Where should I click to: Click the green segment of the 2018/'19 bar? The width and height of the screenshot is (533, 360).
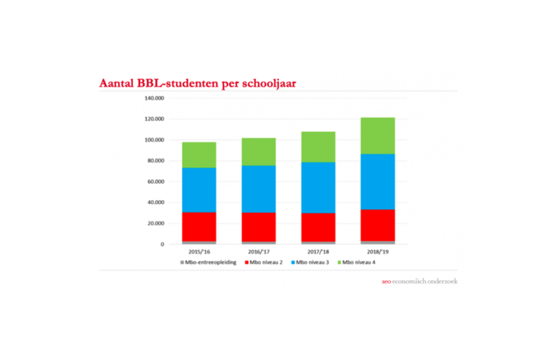[377, 136]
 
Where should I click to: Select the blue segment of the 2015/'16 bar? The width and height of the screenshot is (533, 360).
[199, 190]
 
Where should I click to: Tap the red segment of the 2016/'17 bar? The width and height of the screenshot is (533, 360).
[258, 227]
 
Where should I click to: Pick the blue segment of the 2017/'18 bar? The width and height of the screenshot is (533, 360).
[318, 188]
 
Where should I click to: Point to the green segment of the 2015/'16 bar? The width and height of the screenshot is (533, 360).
[199, 155]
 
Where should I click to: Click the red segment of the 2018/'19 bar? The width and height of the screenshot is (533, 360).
[377, 225]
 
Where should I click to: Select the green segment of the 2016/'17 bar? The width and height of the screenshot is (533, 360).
[258, 152]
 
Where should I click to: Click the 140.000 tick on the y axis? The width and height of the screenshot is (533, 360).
[154, 98]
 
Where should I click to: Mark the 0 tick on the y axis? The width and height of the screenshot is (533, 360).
[162, 244]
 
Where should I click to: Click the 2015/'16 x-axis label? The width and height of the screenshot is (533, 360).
[199, 252]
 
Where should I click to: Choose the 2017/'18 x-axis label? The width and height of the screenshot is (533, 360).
[318, 252]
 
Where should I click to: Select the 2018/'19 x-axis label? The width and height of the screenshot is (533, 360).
[377, 252]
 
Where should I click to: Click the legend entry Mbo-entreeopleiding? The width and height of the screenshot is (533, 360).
[210, 262]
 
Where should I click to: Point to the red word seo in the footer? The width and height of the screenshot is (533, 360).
[385, 282]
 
